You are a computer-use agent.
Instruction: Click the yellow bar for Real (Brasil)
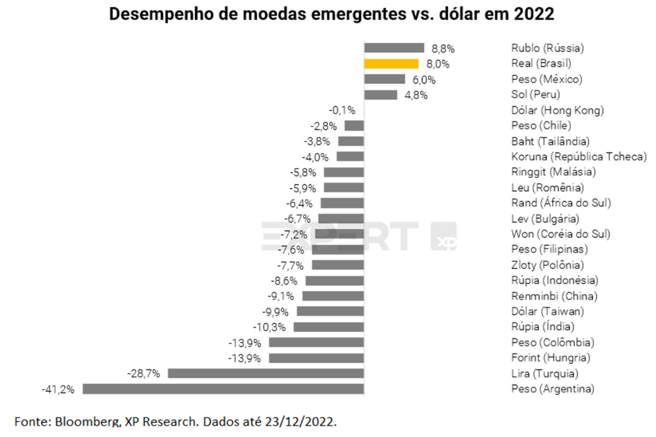click(x=391, y=63)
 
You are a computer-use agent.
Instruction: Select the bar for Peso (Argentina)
click(x=223, y=389)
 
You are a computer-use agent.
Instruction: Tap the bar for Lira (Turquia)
click(x=265, y=373)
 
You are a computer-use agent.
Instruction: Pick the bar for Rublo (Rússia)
click(x=394, y=48)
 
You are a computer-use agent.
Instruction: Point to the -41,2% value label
click(x=58, y=389)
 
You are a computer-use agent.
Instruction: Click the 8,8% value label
click(x=442, y=48)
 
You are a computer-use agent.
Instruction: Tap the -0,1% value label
click(x=342, y=110)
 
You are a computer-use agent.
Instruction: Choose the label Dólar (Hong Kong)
click(x=557, y=110)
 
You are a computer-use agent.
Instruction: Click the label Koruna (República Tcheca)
click(x=579, y=157)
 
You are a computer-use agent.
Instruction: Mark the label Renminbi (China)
click(x=554, y=296)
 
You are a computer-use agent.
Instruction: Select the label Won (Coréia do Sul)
click(x=561, y=234)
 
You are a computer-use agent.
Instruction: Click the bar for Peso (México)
click(x=385, y=79)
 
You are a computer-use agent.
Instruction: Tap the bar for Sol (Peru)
click(x=381, y=95)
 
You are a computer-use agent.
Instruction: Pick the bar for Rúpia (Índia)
click(x=329, y=327)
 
